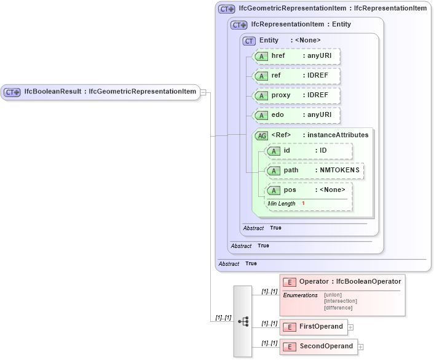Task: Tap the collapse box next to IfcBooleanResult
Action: [203, 93]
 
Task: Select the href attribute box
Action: [297, 56]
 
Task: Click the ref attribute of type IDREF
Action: [297, 76]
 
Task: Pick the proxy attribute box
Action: [297, 96]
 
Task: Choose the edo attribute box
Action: [297, 116]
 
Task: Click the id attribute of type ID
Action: [309, 151]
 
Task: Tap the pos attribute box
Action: [309, 190]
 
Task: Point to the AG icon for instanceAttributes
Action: [261, 135]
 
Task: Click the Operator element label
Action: [350, 282]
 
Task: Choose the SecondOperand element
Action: [319, 346]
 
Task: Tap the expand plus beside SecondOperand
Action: [361, 347]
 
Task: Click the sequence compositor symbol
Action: [243, 321]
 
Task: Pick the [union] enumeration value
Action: [333, 295]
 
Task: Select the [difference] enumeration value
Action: [338, 308]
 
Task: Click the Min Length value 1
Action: [303, 204]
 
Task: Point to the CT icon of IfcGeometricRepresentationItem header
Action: [227, 9]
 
